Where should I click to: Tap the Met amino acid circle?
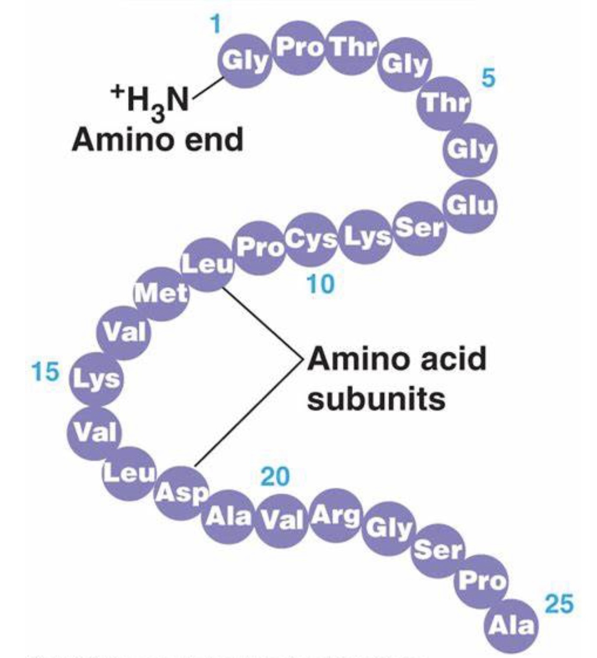point(161,293)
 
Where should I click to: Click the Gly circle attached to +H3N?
point(245,61)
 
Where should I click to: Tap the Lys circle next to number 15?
point(96,378)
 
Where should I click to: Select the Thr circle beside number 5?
point(445,103)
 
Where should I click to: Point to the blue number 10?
point(320,284)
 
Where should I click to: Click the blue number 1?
point(214,24)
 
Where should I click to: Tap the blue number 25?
point(559,603)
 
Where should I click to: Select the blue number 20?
point(275,476)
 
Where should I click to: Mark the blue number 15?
point(45,372)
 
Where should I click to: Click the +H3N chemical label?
point(149,101)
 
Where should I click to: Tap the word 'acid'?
point(449,359)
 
